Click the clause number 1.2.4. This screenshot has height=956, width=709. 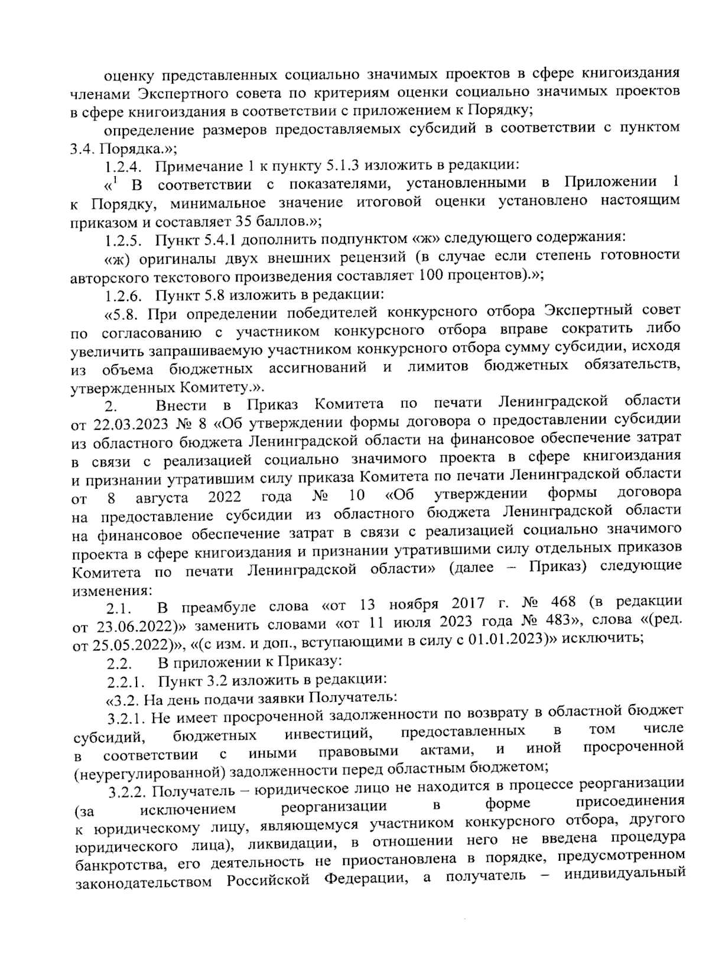point(123,166)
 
